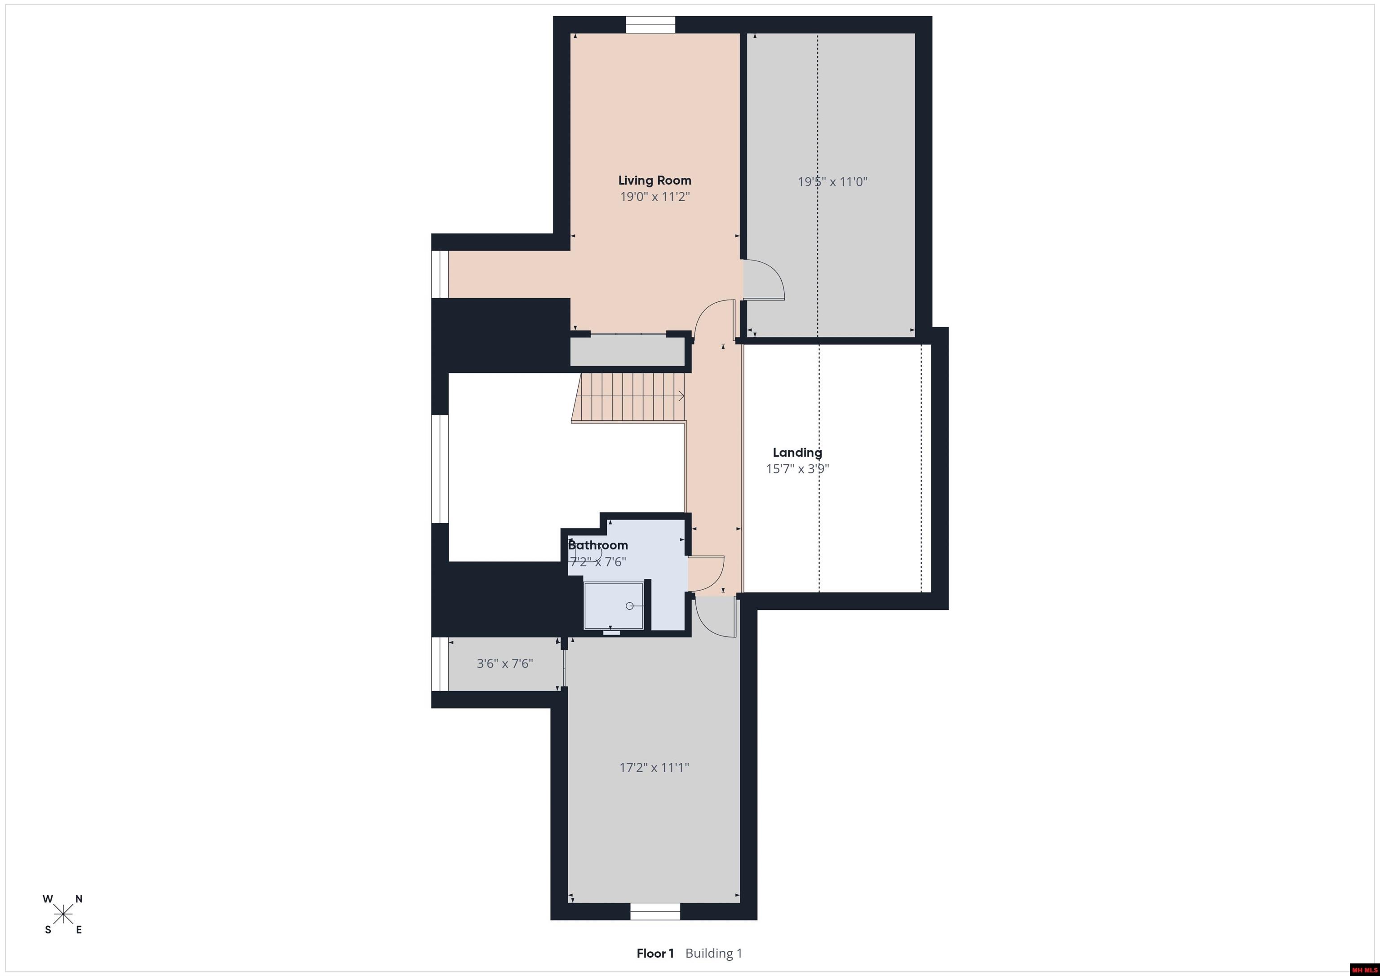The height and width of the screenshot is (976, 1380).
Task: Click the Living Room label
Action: [655, 180]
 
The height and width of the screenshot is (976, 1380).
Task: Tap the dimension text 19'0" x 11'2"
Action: [655, 197]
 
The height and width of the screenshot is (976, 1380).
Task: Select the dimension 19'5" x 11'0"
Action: [832, 181]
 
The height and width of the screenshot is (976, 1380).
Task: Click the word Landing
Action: [797, 453]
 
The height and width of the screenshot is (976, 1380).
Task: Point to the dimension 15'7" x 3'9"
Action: [797, 469]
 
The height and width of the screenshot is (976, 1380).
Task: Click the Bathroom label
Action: [598, 545]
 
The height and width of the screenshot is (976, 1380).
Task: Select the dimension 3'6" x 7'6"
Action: [505, 663]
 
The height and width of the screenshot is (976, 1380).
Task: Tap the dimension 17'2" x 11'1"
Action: [654, 768]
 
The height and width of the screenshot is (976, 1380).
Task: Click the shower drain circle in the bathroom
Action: [629, 606]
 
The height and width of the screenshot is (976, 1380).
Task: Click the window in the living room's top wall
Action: [650, 25]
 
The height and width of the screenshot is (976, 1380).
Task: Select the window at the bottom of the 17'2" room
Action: [655, 912]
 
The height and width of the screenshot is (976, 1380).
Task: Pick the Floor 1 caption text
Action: [655, 953]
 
